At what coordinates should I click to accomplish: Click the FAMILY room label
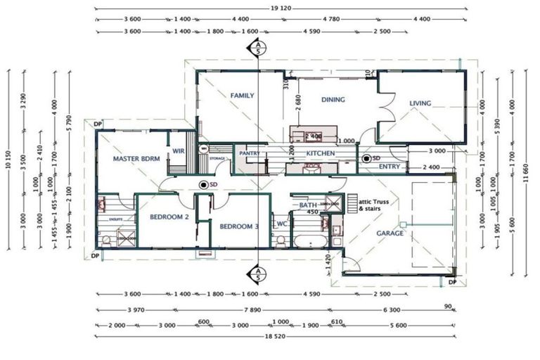[x=242, y=95]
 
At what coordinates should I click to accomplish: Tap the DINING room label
[x=333, y=99]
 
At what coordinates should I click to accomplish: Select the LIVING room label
[x=420, y=103]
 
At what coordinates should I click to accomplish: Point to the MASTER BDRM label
[x=136, y=159]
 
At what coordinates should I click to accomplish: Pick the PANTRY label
[x=250, y=153]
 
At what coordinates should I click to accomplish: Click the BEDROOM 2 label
[x=169, y=217]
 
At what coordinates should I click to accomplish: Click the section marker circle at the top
[x=258, y=49]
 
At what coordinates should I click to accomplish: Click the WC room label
[x=281, y=224]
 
